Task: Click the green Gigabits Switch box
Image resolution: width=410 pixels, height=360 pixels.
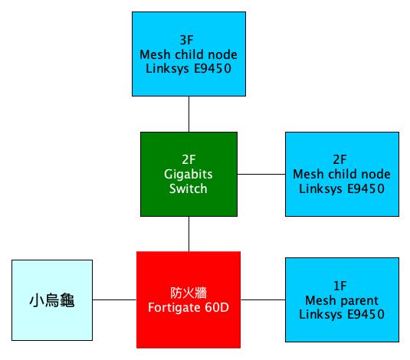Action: pos(188,174)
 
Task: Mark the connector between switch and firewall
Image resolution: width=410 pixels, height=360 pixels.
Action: pos(188,234)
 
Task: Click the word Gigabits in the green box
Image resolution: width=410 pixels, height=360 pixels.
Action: pos(188,175)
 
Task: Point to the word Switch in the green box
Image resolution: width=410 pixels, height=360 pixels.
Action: pos(188,188)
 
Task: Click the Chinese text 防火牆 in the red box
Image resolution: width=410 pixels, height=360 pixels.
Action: pos(188,292)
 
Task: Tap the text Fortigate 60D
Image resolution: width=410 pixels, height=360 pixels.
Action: pos(188,306)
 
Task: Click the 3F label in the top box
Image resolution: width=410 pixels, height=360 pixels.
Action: pos(188,39)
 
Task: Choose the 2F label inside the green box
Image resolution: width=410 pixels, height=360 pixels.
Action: pos(188,161)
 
